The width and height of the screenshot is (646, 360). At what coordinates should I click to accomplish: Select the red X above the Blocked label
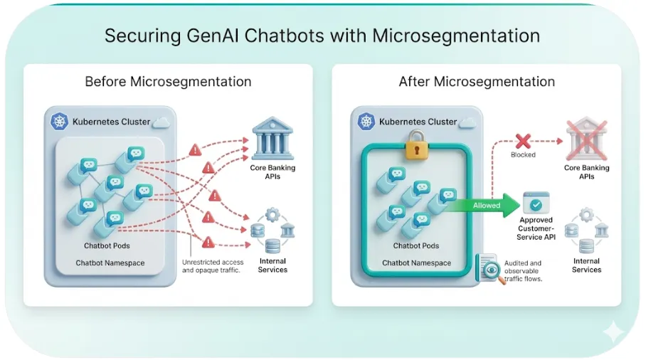tap(523, 142)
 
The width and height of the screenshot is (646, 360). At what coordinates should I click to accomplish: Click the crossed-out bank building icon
tap(587, 139)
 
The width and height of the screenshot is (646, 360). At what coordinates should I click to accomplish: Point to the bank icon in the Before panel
tap(272, 139)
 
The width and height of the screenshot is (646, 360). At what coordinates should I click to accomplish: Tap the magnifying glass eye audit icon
tap(491, 269)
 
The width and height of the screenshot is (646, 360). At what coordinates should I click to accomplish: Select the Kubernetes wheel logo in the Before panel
tap(59, 122)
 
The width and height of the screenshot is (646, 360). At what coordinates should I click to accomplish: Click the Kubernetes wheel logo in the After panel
tap(366, 122)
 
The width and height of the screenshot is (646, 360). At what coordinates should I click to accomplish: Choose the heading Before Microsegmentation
tap(168, 82)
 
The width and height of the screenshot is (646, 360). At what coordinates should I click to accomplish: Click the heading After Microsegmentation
tap(477, 82)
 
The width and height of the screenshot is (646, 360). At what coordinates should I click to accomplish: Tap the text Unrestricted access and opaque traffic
tap(213, 266)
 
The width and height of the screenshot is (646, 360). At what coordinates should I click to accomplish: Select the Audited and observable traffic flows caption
tap(523, 270)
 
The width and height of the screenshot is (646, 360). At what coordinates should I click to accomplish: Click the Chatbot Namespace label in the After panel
tap(416, 263)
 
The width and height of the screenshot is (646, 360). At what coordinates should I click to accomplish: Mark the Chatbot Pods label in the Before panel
tap(107, 245)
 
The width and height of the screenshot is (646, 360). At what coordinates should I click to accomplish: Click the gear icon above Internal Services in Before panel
tap(272, 215)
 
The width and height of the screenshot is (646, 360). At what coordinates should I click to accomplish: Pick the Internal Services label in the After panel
tap(586, 265)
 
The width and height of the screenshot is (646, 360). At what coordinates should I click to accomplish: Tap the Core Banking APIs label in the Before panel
tap(272, 172)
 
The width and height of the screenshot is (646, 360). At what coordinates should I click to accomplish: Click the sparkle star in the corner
tap(613, 332)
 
